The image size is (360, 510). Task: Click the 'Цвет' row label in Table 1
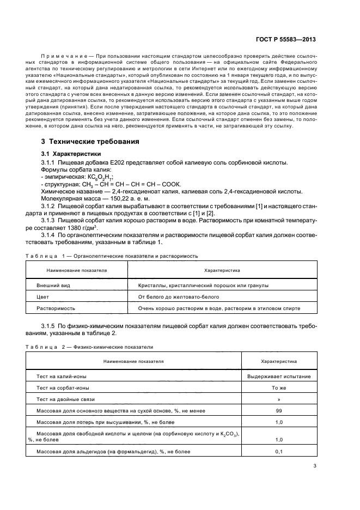click(x=42, y=297)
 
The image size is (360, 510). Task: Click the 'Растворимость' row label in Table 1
click(x=56, y=308)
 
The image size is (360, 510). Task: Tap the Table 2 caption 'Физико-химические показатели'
click(x=118, y=347)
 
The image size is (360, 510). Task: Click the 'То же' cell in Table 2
click(x=279, y=388)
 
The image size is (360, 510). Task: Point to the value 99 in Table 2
click(x=279, y=411)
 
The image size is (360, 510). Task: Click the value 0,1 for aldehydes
click(x=279, y=452)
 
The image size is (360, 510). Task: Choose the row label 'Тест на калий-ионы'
click(x=61, y=377)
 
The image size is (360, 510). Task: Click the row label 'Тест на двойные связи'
click(x=65, y=399)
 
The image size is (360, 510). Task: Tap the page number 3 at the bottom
click(x=315, y=466)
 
